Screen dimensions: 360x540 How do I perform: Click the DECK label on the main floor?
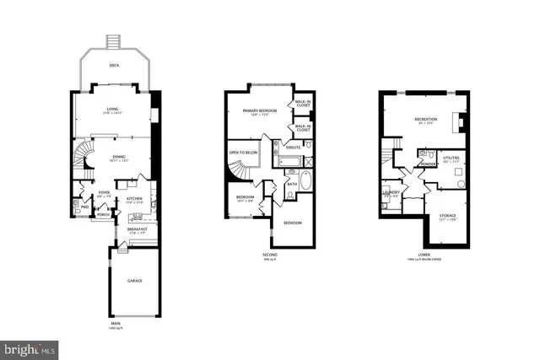tap(115, 65)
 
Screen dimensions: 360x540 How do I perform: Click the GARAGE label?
tap(134, 280)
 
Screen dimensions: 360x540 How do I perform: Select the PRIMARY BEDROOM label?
tap(262, 110)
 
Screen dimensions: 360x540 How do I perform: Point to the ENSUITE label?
tap(294, 148)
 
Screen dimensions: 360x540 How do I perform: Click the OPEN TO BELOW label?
tap(244, 153)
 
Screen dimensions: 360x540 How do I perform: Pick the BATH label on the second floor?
tap(291, 184)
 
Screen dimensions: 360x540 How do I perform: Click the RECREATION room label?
tap(426, 120)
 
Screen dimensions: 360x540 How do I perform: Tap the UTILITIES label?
tap(451, 158)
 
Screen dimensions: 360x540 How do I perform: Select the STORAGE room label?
tap(448, 216)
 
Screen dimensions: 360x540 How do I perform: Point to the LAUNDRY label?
tap(391, 192)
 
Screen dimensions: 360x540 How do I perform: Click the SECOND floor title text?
tap(269, 254)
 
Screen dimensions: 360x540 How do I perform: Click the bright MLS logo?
tap(30, 347)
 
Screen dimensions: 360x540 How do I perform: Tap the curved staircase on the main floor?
tap(84, 157)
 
